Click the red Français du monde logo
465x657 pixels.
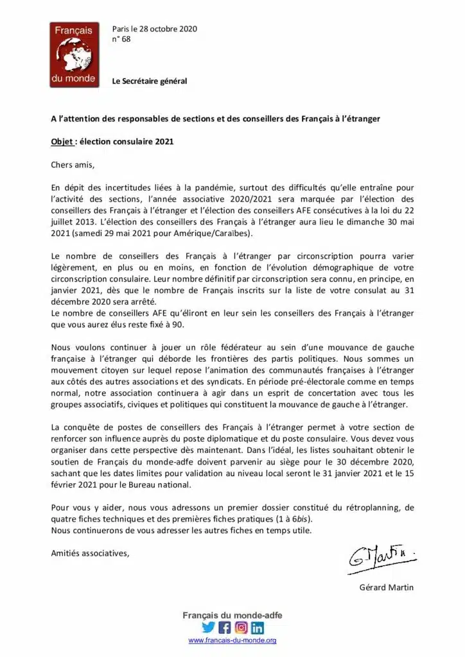click(74, 55)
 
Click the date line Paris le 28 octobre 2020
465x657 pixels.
click(154, 29)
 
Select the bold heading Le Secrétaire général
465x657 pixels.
click(150, 81)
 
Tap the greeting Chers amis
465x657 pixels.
click(73, 165)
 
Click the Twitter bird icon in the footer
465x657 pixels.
click(208, 628)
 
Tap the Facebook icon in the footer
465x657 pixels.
click(225, 628)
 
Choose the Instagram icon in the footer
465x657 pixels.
click(241, 628)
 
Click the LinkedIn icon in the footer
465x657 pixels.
click(257, 628)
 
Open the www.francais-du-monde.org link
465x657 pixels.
click(232, 640)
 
